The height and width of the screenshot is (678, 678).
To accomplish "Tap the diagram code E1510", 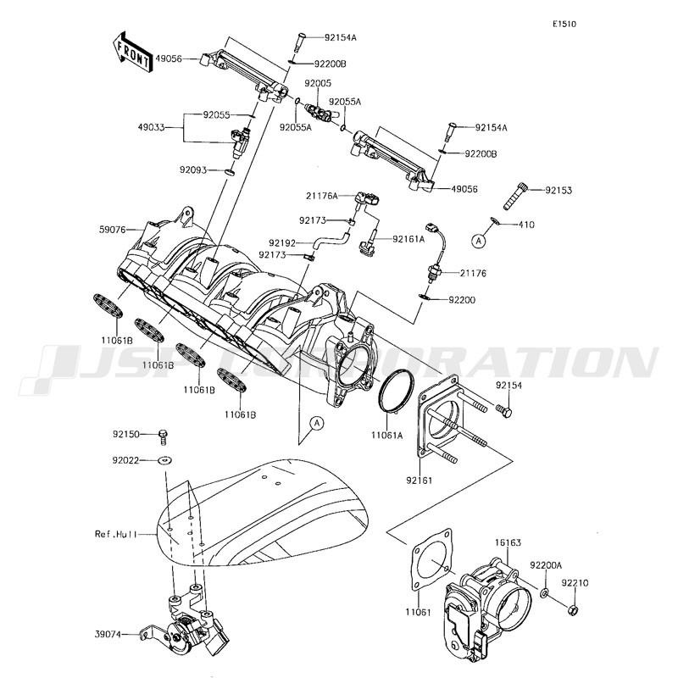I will coord(564,25).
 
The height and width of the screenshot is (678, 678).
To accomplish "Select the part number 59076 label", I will coord(114,229).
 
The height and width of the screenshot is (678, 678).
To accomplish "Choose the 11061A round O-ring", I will coord(397,392).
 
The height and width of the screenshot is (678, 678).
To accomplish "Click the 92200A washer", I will coord(547,590).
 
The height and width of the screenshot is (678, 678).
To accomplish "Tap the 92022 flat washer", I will coord(163,460).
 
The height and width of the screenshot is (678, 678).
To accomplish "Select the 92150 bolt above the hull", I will coord(164,436).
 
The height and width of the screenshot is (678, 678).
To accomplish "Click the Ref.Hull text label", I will coord(113,534).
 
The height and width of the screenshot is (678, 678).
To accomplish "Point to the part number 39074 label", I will coord(108,632).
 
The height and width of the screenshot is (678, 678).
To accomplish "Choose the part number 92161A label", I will coord(408,239).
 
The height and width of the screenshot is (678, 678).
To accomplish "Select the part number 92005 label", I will coord(319,84).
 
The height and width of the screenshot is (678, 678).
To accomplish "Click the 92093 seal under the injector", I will coord(227,170).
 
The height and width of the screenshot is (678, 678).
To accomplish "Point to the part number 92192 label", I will coord(281,242).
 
